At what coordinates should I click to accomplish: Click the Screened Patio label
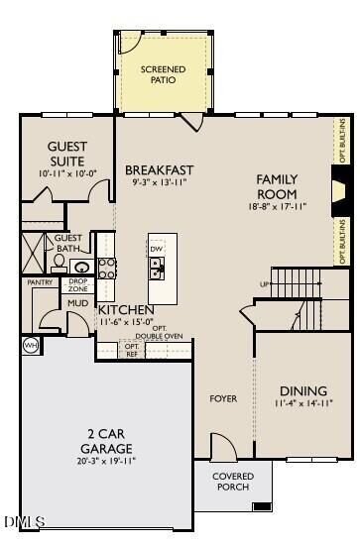pos(164,74)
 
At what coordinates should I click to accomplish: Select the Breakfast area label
pos(159,170)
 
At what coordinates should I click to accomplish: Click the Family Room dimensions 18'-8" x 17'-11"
pos(277,206)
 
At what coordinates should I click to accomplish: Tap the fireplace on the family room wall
pos(339,188)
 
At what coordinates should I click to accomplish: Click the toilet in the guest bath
pos(60,264)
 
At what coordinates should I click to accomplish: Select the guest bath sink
pos(81,267)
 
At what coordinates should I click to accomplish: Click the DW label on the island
pos(157,249)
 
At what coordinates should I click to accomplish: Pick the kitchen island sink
pos(157,267)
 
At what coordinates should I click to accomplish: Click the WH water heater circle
pos(30,345)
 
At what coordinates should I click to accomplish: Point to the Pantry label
pos(40,282)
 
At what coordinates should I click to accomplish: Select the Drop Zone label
pos(78,283)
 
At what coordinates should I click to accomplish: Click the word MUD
pos(78,302)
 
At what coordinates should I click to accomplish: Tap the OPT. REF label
pos(131,350)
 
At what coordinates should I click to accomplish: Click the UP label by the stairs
pos(264,284)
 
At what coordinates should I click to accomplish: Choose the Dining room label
pos(302,390)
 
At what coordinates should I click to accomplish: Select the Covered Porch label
pos(233,482)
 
